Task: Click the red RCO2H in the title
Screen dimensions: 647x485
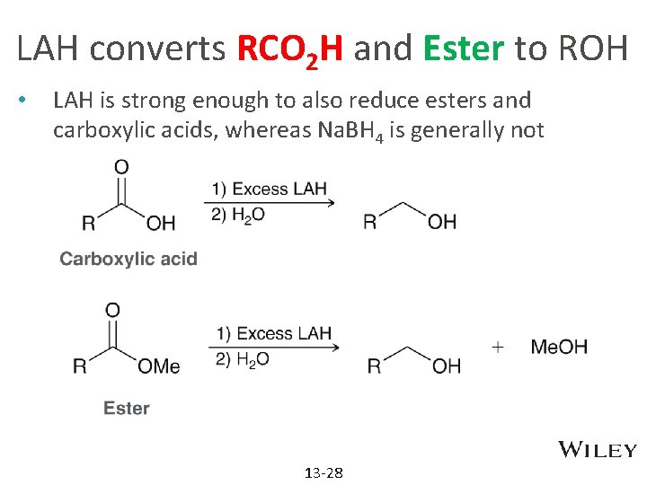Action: pos(290,50)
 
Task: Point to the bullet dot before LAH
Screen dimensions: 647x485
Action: pos(30,101)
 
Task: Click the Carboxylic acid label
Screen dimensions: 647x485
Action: pos(128,259)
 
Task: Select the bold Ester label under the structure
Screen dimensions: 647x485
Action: pos(127,408)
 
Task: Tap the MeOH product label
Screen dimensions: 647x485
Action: pos(560,347)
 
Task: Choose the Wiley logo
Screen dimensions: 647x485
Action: pos(598,450)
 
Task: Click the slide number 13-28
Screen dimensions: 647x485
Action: pos(323,472)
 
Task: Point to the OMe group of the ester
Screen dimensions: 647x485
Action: pos(159,366)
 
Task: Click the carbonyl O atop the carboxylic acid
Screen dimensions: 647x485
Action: pos(121,166)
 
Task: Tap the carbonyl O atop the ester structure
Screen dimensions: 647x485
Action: pos(112,311)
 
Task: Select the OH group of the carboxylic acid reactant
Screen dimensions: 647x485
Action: pos(161,223)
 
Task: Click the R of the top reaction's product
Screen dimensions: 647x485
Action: pos(369,222)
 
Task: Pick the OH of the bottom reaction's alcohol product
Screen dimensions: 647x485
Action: pos(447,366)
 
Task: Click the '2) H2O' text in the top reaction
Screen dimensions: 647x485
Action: pos(238,214)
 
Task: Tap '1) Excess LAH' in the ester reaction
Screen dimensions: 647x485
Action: pos(273,333)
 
